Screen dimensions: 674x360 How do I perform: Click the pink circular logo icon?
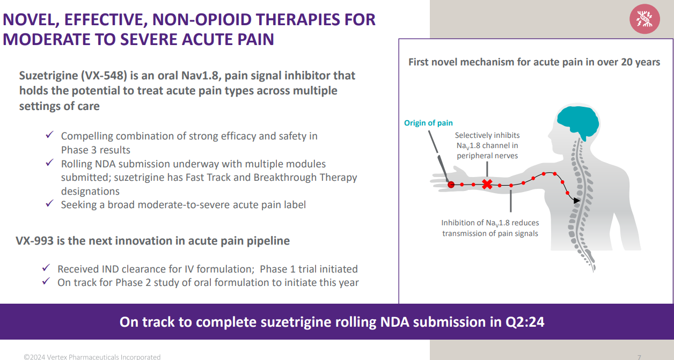(644, 19)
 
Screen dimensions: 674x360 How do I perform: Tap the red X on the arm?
(487, 185)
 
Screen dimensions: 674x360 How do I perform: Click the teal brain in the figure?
(578, 121)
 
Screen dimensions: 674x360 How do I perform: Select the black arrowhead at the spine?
(576, 201)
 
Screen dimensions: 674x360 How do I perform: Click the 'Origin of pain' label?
(428, 123)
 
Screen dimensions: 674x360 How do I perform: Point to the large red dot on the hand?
(451, 185)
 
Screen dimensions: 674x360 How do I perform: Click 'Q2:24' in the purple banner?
(525, 322)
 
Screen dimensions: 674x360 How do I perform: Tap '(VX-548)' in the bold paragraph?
(104, 76)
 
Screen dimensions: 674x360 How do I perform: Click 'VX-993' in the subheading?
(34, 241)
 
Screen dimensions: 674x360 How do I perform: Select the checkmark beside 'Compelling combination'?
(50, 135)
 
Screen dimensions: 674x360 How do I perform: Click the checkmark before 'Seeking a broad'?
(50, 203)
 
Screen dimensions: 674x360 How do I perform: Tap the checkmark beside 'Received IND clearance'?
(46, 267)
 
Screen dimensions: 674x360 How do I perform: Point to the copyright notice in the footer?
(92, 357)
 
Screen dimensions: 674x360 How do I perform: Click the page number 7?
(639, 357)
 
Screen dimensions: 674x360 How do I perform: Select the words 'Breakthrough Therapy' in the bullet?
(305, 178)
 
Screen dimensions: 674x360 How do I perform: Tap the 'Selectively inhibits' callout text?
(487, 135)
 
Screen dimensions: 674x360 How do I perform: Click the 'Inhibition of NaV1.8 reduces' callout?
(490, 223)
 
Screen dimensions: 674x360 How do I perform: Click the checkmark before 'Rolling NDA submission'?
(50, 163)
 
